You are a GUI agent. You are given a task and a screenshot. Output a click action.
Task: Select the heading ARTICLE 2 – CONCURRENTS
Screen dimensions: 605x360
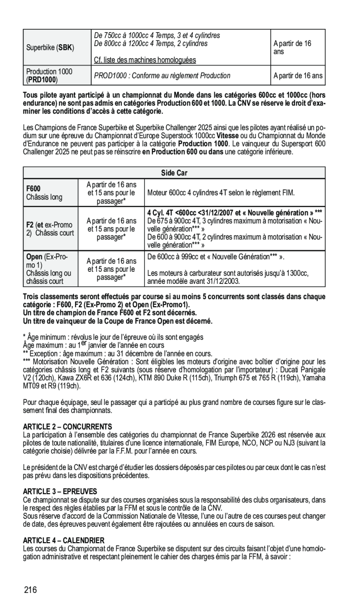(x=68, y=426)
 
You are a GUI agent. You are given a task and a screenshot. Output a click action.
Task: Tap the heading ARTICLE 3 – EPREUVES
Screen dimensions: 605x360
(x=60, y=491)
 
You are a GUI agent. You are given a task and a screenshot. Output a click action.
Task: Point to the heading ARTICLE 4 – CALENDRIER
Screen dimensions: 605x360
(x=64, y=540)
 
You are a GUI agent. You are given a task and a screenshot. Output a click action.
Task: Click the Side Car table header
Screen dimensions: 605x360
(x=174, y=173)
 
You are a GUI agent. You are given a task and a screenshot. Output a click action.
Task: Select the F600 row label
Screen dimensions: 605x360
(x=33, y=188)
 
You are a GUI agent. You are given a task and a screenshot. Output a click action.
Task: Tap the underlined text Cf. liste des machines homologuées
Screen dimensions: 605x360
(x=145, y=60)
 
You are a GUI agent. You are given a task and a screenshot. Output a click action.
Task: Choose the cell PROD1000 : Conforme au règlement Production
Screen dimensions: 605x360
(x=162, y=75)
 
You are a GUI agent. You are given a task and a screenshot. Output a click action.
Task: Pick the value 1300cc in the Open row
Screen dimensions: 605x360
(x=298, y=274)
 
